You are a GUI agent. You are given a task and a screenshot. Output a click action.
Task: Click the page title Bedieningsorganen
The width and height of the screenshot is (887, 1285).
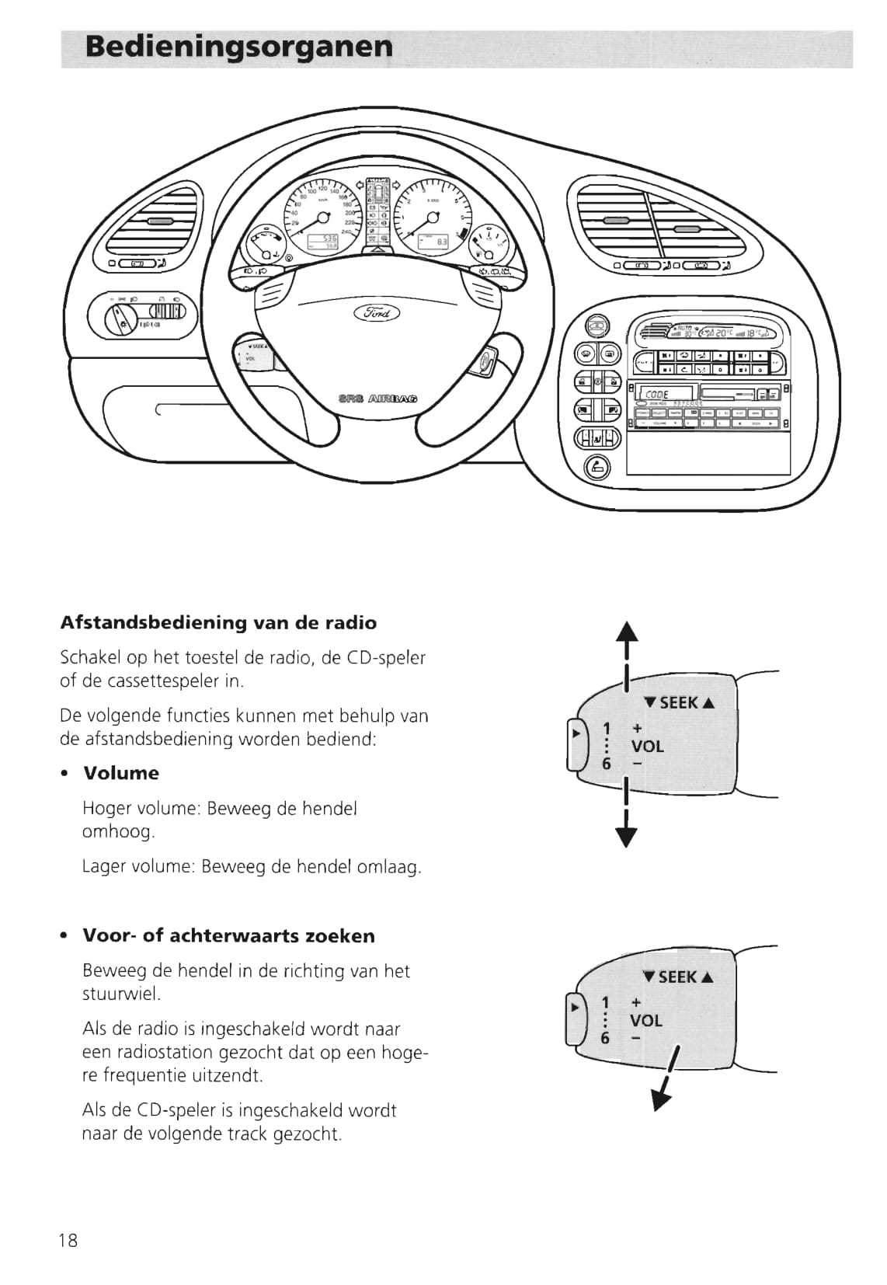[x=239, y=47]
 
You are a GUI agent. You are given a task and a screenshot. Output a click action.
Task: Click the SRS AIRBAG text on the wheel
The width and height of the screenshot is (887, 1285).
[x=378, y=398]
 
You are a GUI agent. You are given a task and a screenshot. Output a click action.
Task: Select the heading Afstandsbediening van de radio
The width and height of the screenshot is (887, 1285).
[x=218, y=623]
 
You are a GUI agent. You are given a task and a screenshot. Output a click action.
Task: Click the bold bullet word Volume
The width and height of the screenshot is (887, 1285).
[x=120, y=773]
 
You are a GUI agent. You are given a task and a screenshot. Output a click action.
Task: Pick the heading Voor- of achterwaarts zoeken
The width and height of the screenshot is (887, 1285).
[x=228, y=935]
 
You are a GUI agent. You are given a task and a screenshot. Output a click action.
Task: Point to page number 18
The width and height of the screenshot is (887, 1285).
[x=68, y=1240]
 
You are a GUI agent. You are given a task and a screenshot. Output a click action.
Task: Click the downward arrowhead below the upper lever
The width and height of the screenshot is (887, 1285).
[x=627, y=837]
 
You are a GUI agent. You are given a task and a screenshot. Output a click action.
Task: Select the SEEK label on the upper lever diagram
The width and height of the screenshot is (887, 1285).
[x=679, y=703]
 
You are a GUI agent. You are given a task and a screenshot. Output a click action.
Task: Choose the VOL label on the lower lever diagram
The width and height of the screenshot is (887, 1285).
[x=646, y=1020]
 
